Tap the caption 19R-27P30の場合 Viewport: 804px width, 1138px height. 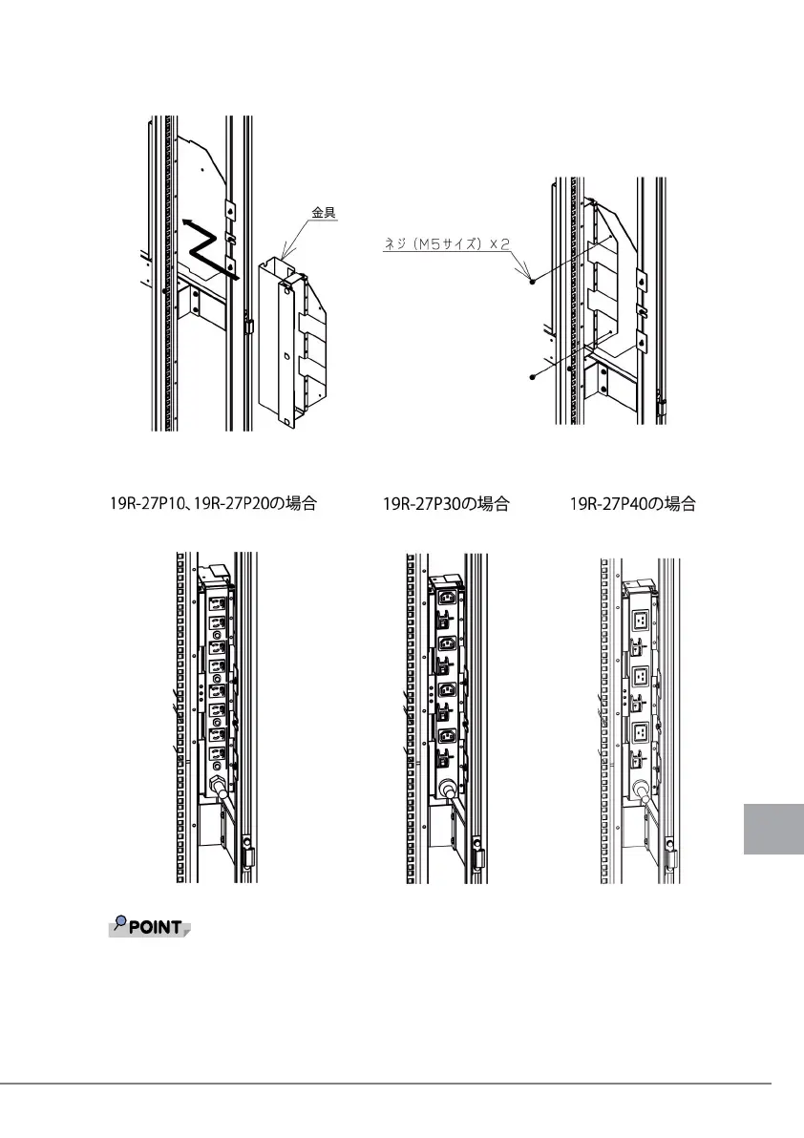[x=446, y=504]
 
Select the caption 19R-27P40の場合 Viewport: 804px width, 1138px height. [x=632, y=504]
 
